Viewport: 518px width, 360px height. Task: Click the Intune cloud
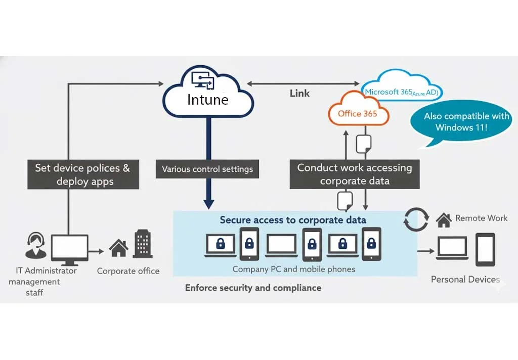207,96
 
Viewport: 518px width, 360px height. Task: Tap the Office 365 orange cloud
358,113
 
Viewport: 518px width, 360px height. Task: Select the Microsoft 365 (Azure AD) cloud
402,91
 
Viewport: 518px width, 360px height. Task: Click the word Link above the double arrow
299,94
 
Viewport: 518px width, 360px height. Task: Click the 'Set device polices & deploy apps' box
82,175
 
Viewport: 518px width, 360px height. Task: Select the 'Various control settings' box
207,169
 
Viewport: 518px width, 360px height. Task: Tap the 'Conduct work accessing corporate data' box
354,174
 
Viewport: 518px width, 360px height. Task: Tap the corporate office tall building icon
143,244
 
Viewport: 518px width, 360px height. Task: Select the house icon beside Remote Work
444,219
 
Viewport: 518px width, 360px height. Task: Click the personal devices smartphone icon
485,249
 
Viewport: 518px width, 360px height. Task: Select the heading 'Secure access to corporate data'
293,220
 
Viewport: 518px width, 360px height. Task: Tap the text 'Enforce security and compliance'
253,288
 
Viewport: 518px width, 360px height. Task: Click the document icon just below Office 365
365,144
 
